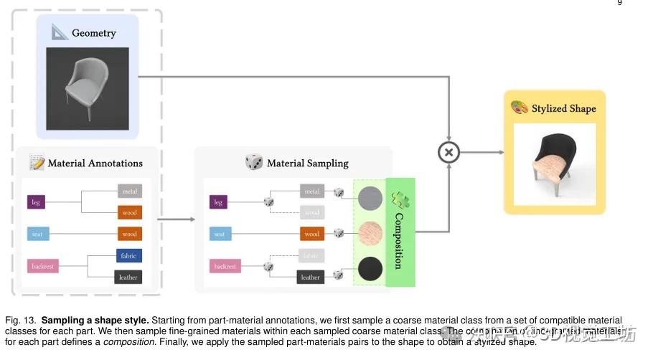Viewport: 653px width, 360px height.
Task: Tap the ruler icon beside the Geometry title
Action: point(60,32)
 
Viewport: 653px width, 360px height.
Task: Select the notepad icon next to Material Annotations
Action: point(37,162)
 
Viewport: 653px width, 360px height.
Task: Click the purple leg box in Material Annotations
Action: point(36,203)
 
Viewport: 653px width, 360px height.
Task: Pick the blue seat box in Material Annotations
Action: point(37,234)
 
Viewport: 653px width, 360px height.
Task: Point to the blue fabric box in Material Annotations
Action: point(128,255)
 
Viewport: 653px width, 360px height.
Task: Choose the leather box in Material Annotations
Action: point(128,277)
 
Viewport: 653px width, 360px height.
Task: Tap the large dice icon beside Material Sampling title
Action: point(254,162)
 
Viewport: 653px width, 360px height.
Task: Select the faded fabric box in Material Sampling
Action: point(311,255)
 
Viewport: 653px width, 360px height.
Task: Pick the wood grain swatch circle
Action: point(370,234)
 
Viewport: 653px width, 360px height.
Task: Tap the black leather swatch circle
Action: point(370,269)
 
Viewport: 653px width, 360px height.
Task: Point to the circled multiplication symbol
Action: point(449,152)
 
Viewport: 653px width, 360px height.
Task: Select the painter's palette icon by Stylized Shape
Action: point(519,108)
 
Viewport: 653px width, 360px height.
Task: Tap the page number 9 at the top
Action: point(619,3)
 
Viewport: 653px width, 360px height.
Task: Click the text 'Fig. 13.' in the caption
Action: point(20,320)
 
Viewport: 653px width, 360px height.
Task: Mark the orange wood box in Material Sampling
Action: point(311,234)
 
